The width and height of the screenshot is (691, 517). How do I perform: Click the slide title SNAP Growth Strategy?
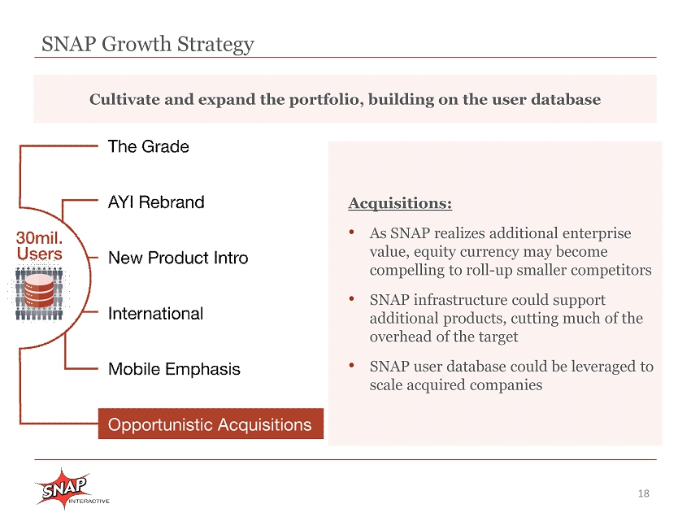point(148,45)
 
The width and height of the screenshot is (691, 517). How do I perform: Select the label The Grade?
point(149,146)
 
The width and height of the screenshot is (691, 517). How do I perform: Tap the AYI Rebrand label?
point(156,202)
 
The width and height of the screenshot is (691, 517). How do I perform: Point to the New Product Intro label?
point(178,258)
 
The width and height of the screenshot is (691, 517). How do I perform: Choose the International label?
point(155,314)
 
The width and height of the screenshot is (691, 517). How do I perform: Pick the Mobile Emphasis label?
point(174,369)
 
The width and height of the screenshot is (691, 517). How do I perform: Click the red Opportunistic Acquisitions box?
point(211,424)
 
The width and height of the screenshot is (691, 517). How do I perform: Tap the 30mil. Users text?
point(39,246)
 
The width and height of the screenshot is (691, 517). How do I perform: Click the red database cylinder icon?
point(39,290)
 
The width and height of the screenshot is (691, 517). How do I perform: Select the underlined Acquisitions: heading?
point(400,203)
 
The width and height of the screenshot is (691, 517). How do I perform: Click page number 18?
point(643,493)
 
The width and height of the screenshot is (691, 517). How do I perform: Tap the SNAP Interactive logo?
point(71,489)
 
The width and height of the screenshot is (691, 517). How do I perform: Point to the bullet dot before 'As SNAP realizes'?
point(352,232)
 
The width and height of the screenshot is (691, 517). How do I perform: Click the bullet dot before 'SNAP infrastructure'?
point(352,299)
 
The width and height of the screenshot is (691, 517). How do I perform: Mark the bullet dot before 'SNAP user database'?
point(352,365)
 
